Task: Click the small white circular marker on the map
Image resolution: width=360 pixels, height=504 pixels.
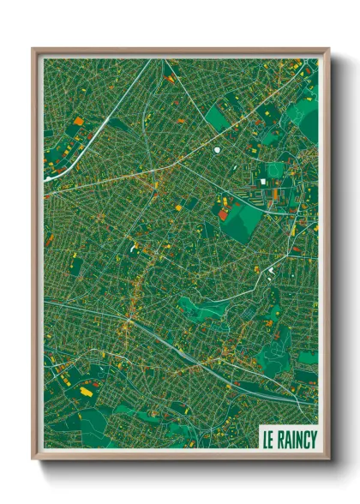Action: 219,151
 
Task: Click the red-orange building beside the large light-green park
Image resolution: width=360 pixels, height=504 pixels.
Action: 224,214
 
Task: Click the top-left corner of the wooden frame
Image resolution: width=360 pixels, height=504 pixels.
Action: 33,50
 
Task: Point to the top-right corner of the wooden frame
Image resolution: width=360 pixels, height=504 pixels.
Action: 328,50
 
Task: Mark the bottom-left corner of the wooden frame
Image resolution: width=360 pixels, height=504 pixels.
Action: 33,458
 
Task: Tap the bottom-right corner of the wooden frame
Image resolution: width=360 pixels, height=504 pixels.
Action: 328,458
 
